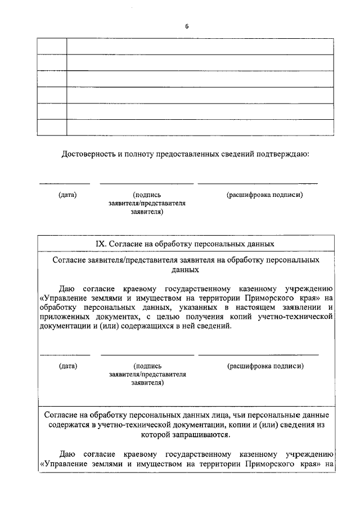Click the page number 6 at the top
[187, 26]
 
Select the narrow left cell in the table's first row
[52, 46]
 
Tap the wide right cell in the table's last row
[200, 128]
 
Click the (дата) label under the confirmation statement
[67, 195]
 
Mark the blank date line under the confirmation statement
[64, 184]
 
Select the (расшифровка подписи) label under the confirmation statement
[265, 195]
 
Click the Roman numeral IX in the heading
[101, 244]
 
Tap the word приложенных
[69, 318]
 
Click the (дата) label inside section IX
[67, 366]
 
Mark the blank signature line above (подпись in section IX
[147, 355]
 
